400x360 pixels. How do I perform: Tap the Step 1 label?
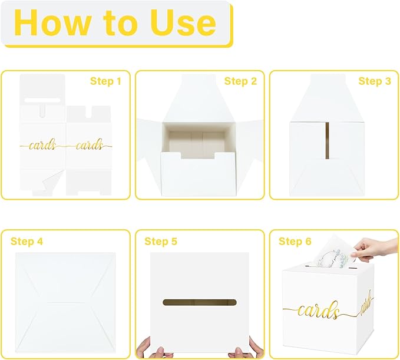coord(105,81)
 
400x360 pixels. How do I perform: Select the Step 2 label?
coord(240,81)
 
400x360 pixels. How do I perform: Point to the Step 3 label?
coord(375,81)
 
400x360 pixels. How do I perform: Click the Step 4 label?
coord(27,242)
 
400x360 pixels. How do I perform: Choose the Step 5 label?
coord(161,242)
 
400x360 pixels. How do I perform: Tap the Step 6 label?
coord(295,242)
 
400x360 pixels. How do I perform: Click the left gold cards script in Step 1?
coord(43,145)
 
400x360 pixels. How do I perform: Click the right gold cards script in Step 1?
coord(89,145)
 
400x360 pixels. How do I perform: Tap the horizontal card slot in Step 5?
coord(200,303)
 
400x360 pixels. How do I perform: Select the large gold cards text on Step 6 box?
coord(318,311)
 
